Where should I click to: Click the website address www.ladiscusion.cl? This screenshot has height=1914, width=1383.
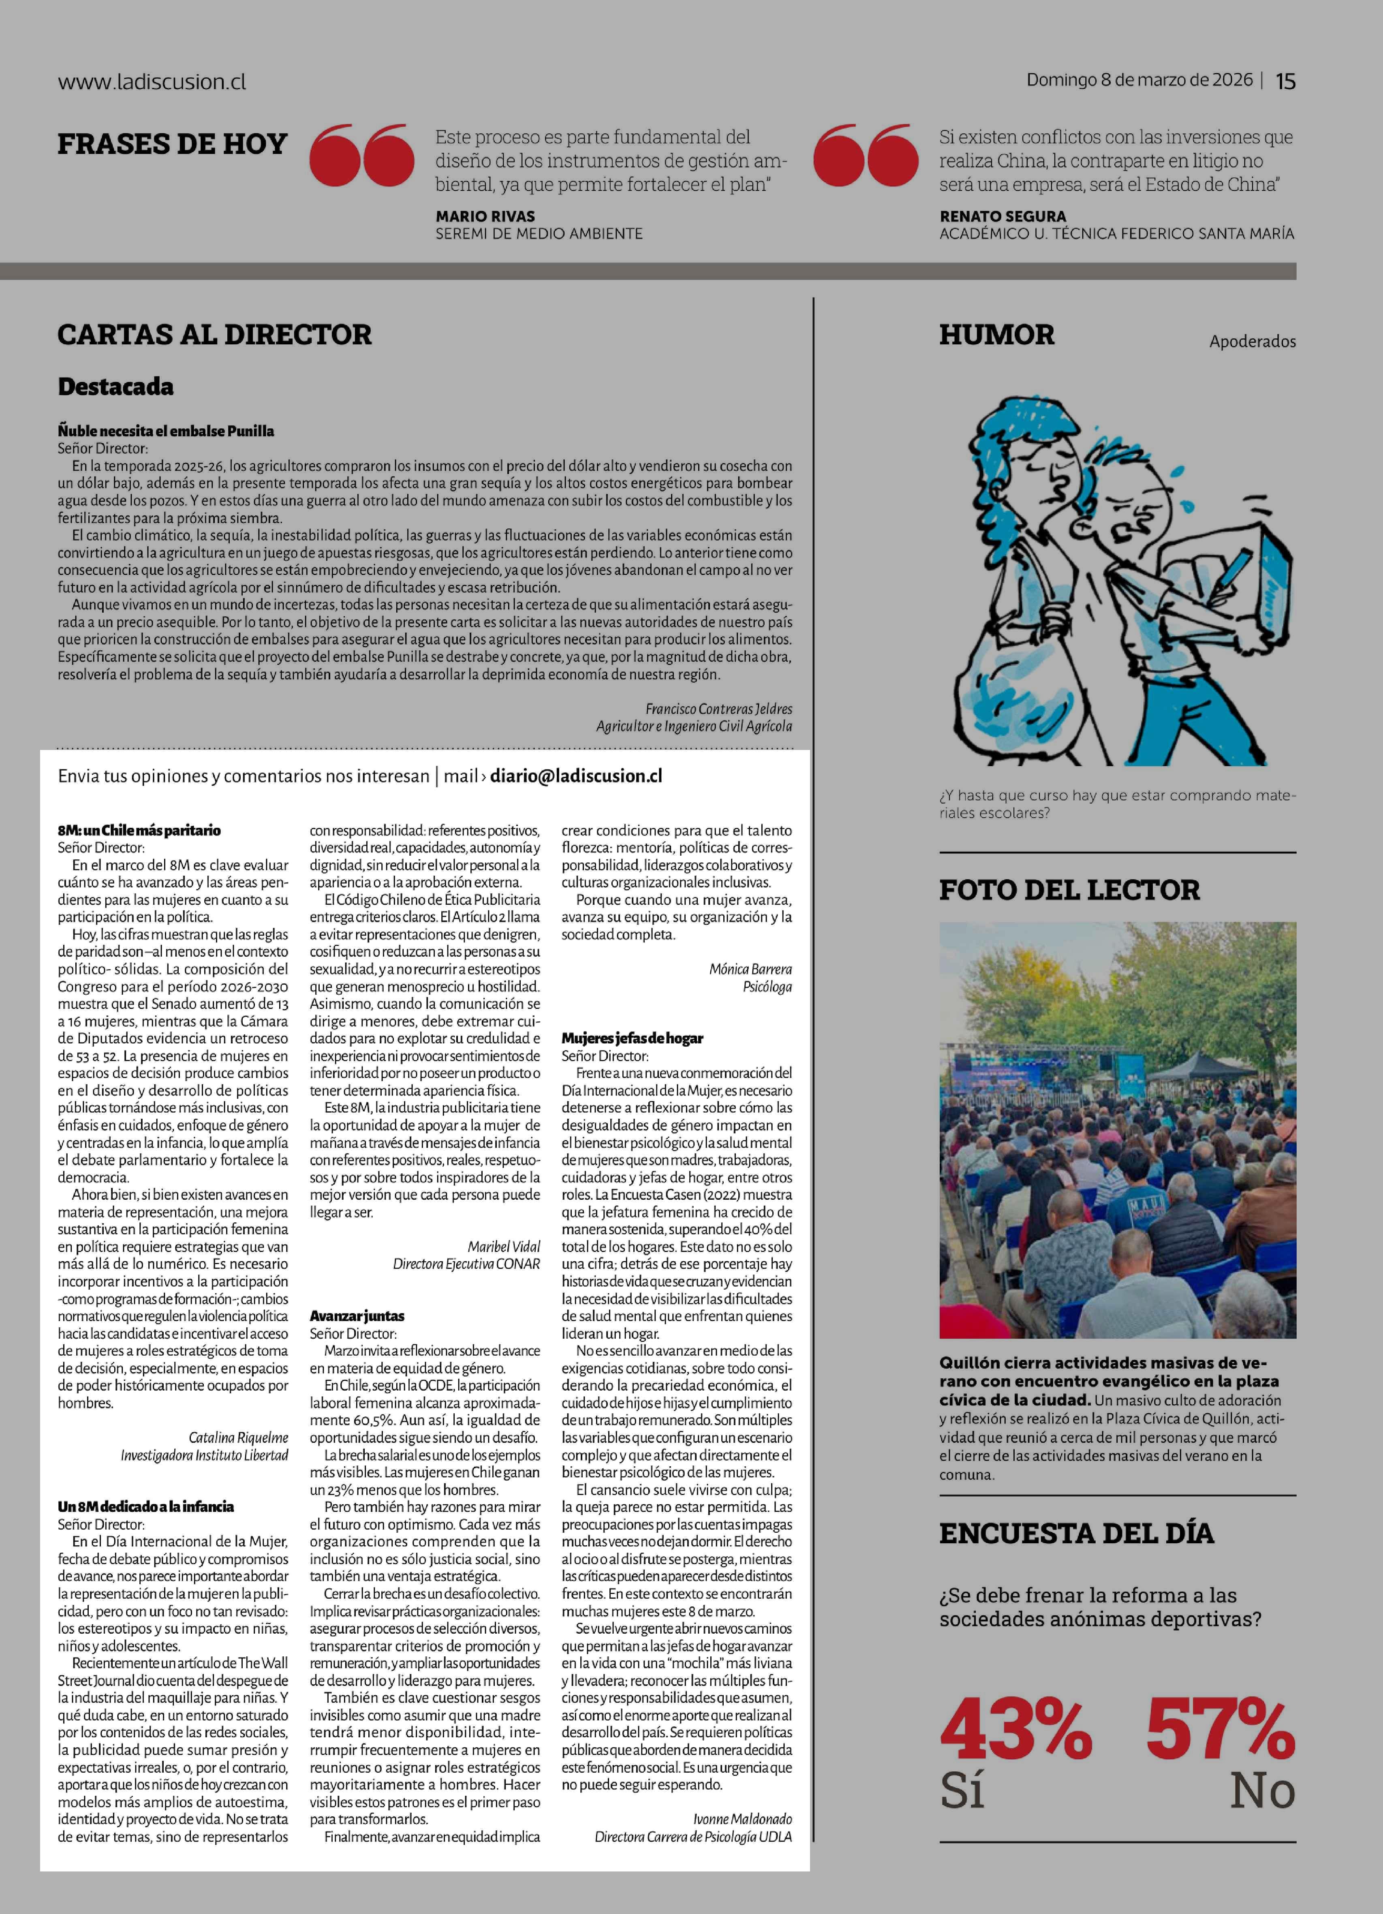152,82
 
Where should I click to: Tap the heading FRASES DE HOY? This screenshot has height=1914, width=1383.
172,144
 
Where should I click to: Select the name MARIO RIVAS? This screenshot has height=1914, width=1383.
485,216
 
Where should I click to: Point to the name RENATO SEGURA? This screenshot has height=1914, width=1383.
1003,216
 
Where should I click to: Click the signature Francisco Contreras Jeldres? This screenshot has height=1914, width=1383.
718,709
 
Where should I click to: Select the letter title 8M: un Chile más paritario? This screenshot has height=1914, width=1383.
139,831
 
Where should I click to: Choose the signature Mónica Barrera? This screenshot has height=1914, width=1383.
750,969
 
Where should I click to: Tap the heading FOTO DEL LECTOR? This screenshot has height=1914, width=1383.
1069,889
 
